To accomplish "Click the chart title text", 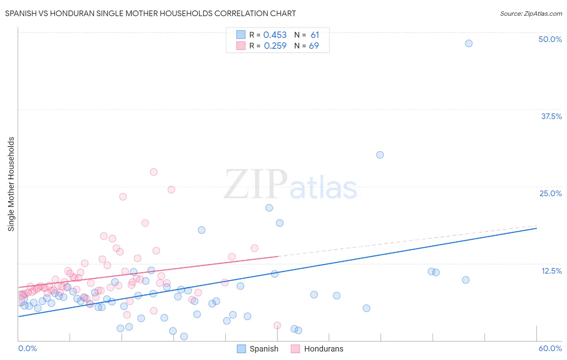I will pos(150,13).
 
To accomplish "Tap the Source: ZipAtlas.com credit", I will pos(531,13).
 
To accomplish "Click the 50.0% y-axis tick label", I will pos(550,39).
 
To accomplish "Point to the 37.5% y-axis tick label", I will pos(551,116).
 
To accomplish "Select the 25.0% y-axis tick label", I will pos(550,193).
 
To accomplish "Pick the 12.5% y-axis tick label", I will pos(551,271).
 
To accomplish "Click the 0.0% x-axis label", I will pos(27,348).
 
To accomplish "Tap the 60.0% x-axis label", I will pos(550,348).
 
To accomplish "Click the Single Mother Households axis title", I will pos(11,184).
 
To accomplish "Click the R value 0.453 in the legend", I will pos(275,35).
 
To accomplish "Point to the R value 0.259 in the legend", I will pos(275,46).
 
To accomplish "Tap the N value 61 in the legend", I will pos(315,35).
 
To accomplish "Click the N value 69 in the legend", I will pos(314,46).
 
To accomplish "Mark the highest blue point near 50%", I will pos(469,43).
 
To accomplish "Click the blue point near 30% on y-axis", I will pos(380,155).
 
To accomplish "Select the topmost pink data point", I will pos(154,172).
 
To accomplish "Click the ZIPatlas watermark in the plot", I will pos(290,185).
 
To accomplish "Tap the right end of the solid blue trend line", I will pos(536,228).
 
